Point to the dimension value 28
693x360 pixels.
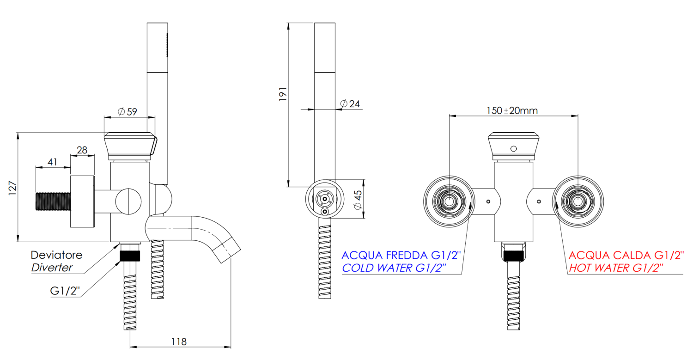82,150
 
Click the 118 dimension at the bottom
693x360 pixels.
179,342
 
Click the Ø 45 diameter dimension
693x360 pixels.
357,199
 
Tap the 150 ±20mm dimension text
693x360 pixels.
511,111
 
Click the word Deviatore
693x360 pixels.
56,255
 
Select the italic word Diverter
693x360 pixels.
52,268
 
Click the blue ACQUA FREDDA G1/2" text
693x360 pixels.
401,255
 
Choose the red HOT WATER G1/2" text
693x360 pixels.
616,268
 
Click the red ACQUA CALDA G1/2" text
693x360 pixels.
626,255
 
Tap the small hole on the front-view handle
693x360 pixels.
513,148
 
